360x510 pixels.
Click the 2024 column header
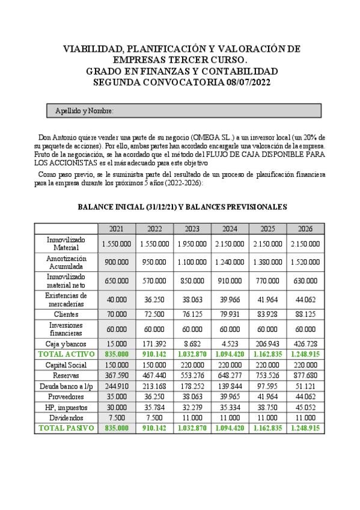(x=230, y=229)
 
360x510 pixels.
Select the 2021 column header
(x=117, y=229)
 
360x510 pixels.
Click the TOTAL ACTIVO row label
(x=66, y=355)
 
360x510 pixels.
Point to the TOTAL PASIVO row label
(x=66, y=428)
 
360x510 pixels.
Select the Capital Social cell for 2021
(x=117, y=365)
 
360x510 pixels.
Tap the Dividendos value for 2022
(x=154, y=417)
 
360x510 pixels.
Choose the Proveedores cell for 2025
(x=267, y=396)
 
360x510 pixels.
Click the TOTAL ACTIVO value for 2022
(x=154, y=355)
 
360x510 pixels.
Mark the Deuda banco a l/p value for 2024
(x=230, y=386)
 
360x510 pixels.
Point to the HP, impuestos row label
(x=66, y=407)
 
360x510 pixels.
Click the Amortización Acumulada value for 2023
(x=192, y=262)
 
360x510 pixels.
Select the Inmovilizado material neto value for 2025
(x=267, y=280)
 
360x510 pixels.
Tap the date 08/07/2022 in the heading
(x=240, y=82)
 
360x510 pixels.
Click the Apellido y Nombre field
(x=180, y=111)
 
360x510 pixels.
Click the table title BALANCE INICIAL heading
(x=182, y=206)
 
